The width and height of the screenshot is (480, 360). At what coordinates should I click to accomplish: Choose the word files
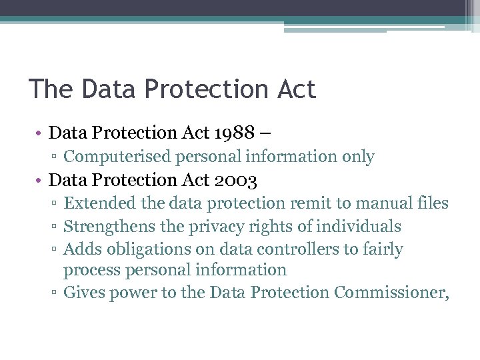(x=433, y=203)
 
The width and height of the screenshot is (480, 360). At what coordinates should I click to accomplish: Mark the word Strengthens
(x=111, y=227)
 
